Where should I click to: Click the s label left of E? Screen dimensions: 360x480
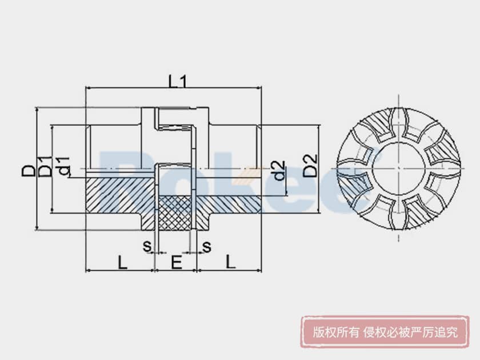click(x=147, y=246)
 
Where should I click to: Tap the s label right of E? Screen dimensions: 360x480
click(x=207, y=246)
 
